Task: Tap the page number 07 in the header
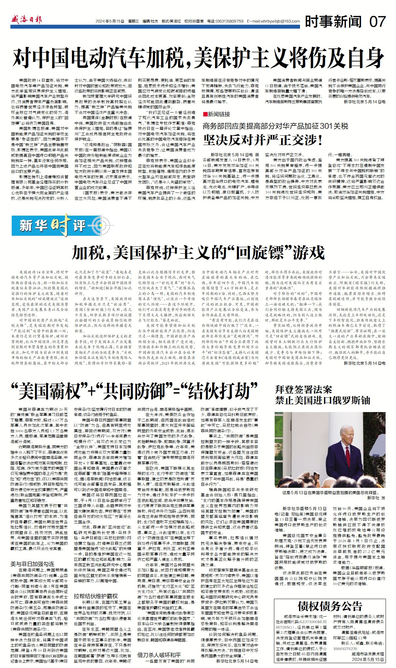point(377,21)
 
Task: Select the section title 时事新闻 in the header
point(333,21)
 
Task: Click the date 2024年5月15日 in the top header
point(110,21)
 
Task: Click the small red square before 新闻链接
point(205,114)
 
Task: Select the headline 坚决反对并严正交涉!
point(263,140)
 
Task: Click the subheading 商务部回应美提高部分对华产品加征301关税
point(275,126)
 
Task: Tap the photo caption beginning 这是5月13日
point(329,492)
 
